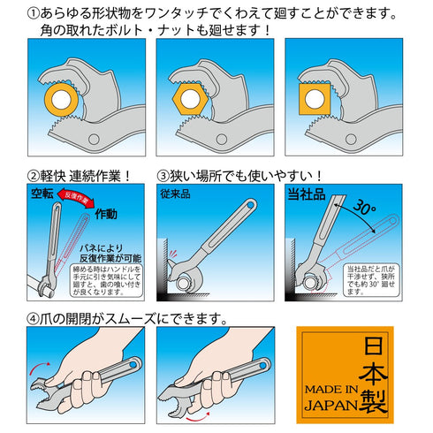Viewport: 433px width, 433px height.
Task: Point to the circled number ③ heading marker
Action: click(x=163, y=174)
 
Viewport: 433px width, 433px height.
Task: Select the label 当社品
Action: click(x=306, y=194)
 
